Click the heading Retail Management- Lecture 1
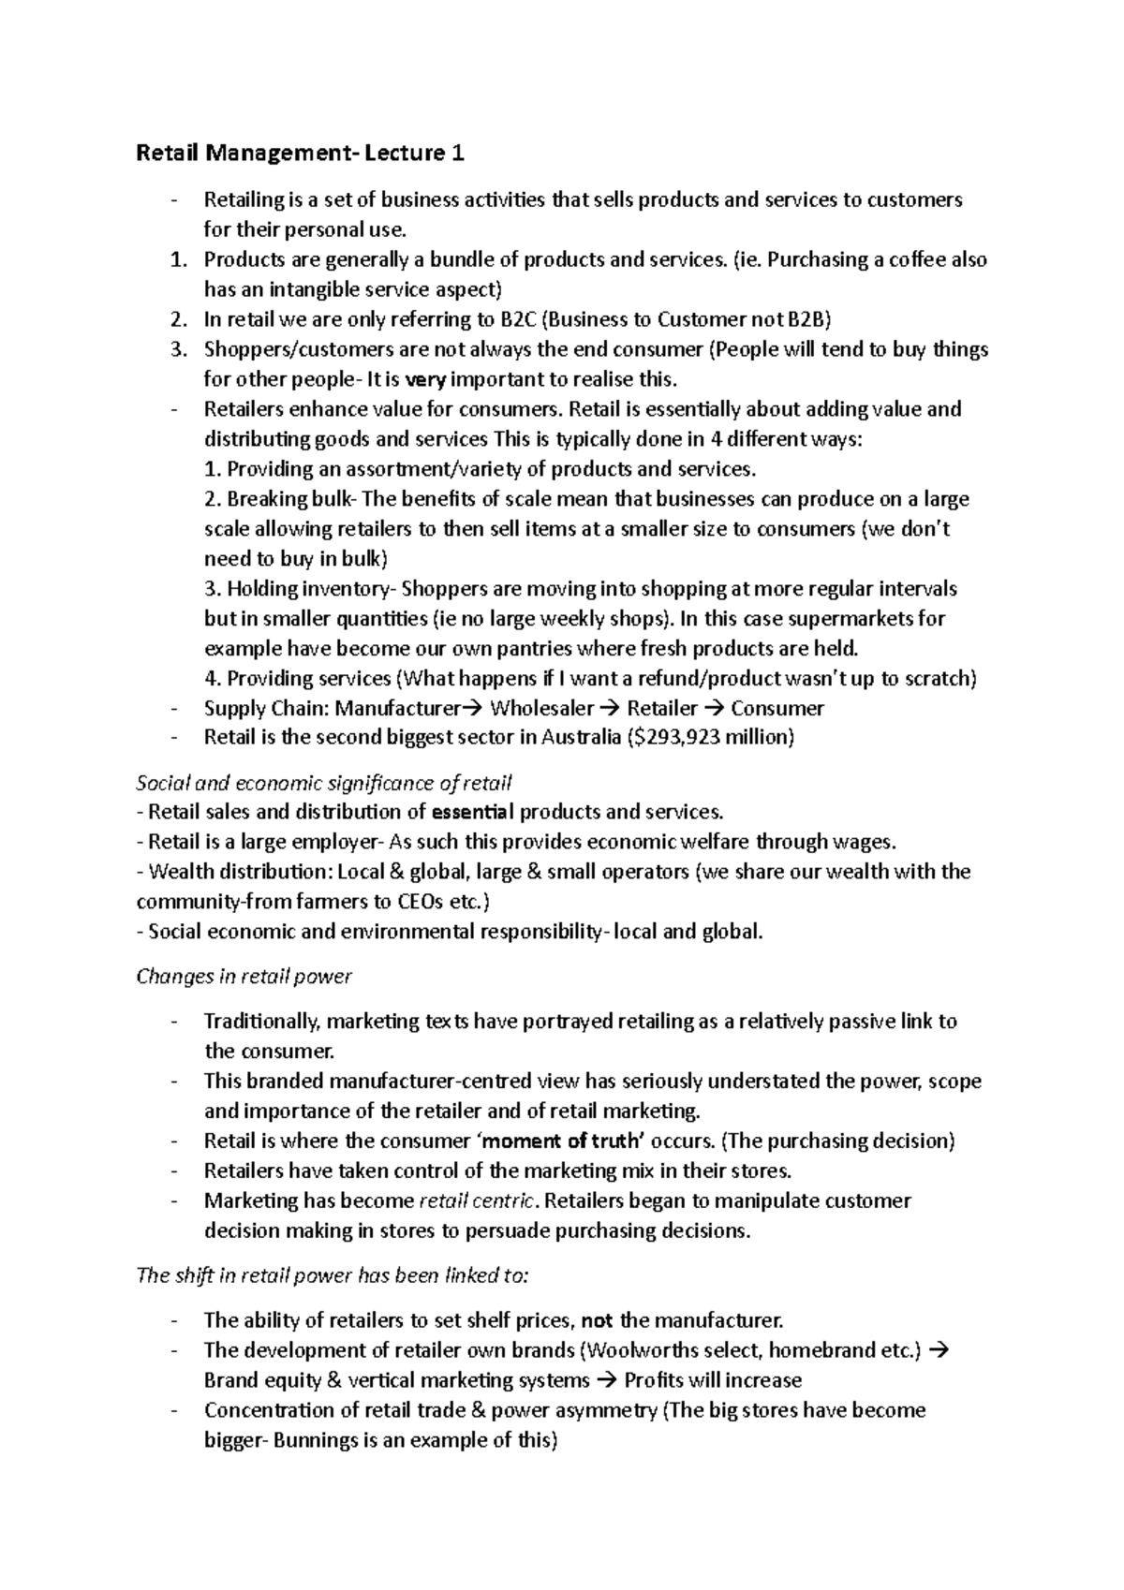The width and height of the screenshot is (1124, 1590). point(300,153)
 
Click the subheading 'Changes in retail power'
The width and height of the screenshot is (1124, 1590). point(244,977)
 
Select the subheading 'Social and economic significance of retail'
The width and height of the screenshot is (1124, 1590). point(323,783)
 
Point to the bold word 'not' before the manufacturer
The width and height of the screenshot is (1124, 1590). point(598,1321)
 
